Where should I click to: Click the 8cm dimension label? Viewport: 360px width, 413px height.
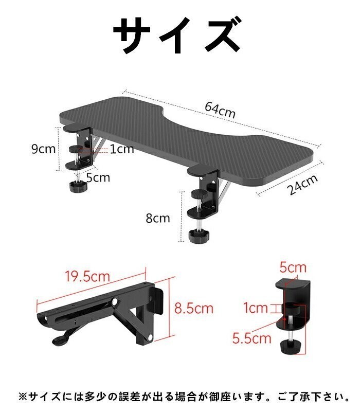157,218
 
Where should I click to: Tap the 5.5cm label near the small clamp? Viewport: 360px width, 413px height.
251,338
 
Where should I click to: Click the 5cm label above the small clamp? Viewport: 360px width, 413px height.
293,267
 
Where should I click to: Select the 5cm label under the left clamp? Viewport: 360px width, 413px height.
98,178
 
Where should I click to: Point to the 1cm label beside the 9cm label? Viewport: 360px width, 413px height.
121,149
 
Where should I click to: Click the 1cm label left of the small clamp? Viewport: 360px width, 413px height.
256,308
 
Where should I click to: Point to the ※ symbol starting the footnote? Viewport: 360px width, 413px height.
22,396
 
